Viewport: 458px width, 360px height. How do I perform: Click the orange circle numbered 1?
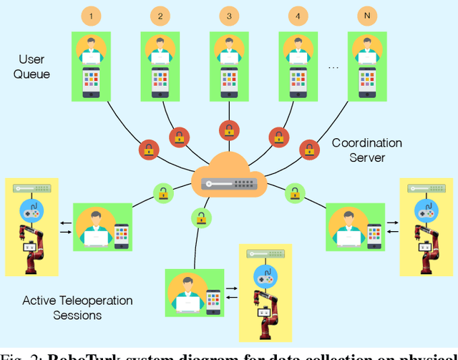click(91, 15)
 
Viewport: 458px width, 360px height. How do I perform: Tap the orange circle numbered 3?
click(228, 15)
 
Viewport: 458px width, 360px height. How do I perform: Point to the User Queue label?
click(31, 66)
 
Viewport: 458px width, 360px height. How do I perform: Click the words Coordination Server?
click(366, 150)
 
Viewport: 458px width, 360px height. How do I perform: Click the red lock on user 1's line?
click(148, 150)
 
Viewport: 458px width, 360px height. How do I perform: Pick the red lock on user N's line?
click(310, 150)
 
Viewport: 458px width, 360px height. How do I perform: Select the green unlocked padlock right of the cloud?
click(294, 192)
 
